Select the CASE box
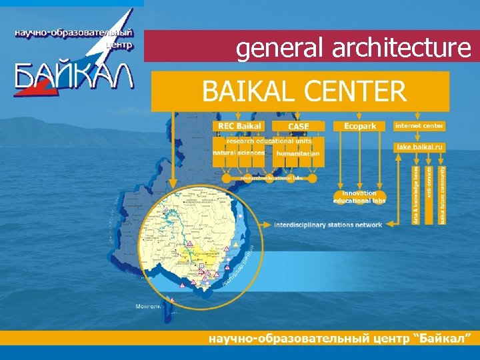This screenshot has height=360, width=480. tap(299, 126)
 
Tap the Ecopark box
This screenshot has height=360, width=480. tap(360, 126)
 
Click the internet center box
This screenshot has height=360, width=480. tap(419, 125)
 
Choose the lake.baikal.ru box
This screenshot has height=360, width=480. tap(419, 145)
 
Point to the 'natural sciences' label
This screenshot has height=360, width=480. tap(238, 153)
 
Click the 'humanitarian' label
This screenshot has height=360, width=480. tap(298, 153)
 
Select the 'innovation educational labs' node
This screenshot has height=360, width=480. tap(359, 197)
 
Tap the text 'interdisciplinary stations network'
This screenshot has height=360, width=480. tap(328, 225)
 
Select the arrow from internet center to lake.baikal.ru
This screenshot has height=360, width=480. tap(419, 135)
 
